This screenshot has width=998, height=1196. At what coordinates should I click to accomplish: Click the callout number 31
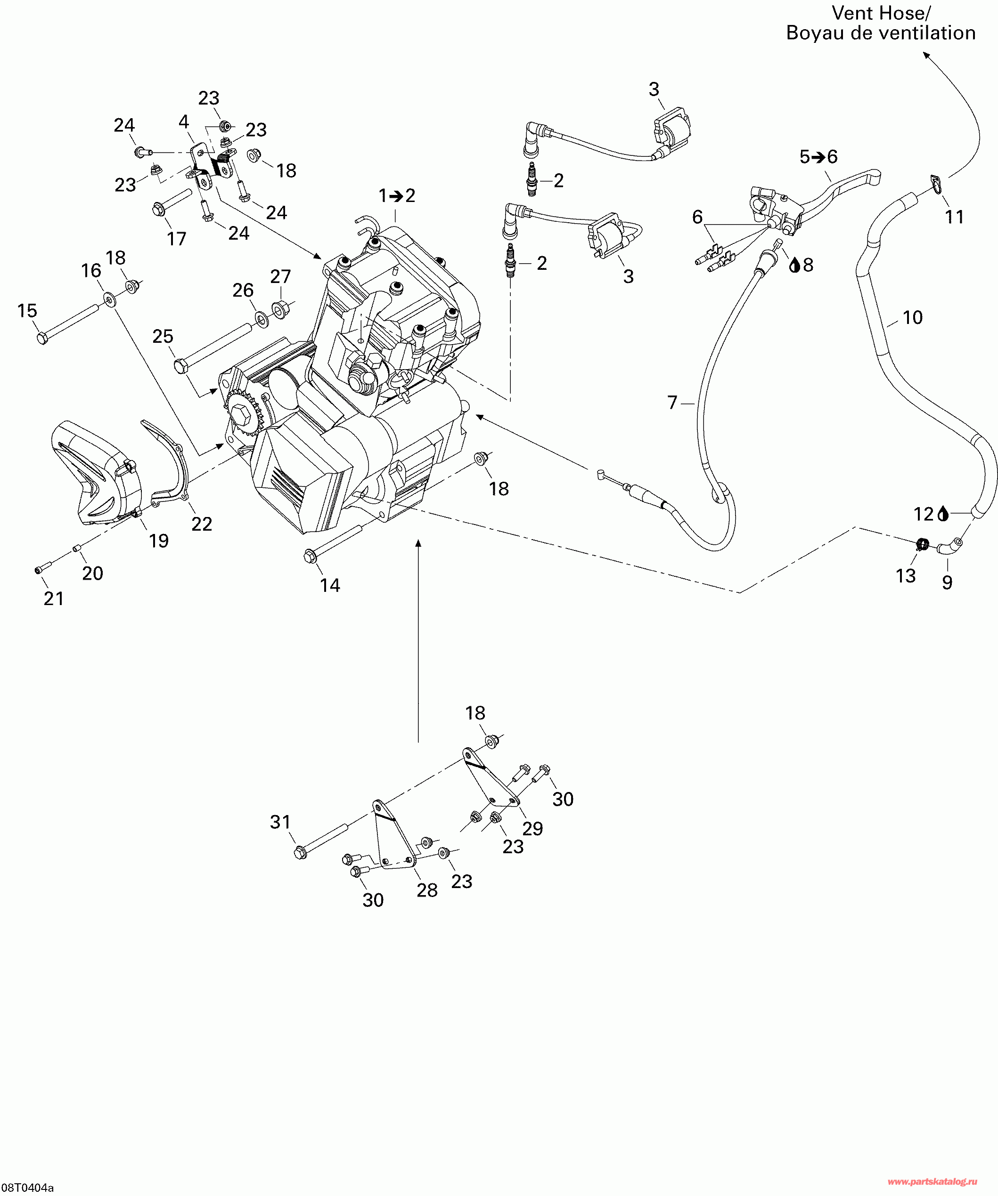280,822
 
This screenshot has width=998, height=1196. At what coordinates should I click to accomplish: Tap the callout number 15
27,311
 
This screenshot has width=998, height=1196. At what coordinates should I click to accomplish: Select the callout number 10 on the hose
913,318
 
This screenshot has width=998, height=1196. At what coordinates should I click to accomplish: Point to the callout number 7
672,403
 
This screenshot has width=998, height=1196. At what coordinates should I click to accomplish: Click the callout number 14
330,585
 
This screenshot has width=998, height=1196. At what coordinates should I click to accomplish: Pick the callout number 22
201,524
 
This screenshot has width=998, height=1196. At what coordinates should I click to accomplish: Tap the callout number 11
954,217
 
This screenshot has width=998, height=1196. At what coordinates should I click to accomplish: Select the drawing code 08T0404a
27,1188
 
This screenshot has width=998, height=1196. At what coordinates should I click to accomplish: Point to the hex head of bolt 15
41,338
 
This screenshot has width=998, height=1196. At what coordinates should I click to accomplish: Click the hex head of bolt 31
300,853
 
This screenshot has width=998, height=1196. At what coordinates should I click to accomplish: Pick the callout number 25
163,336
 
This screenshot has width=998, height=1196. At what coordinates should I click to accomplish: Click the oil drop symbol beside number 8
794,264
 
